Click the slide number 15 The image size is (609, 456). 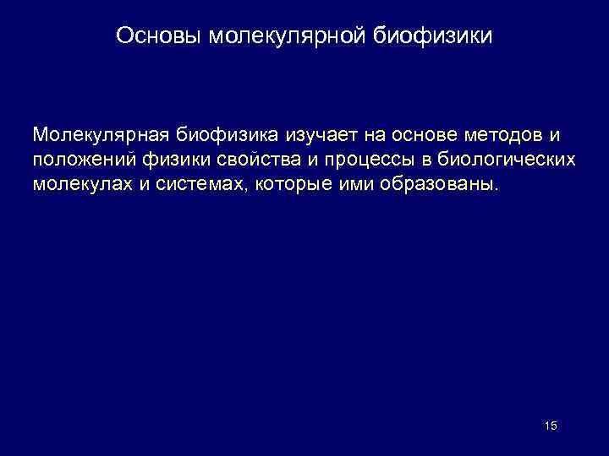point(551,426)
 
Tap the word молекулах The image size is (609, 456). point(77,184)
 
